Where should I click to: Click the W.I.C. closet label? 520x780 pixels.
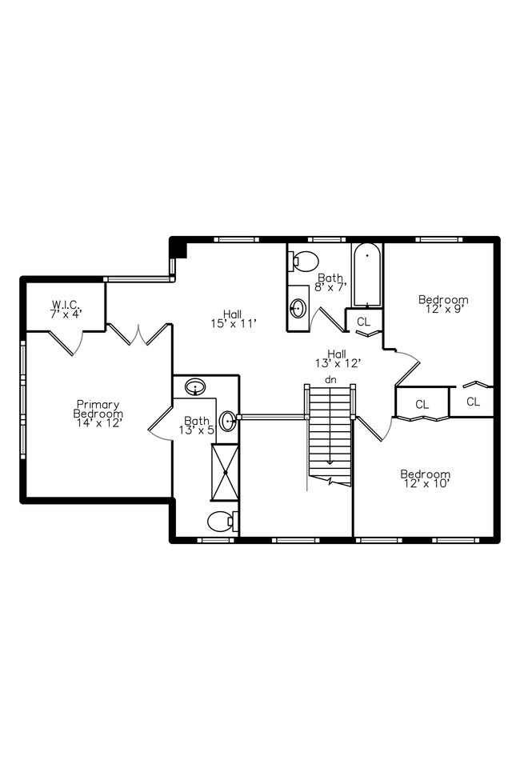[66, 304]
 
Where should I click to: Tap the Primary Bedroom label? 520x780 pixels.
[98, 409]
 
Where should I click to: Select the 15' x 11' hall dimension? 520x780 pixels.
[234, 324]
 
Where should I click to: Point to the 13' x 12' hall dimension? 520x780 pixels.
[338, 364]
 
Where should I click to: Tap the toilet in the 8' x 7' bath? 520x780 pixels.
[303, 261]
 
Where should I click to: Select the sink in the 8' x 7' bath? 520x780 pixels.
[298, 309]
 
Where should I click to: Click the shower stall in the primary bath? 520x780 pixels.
[226, 472]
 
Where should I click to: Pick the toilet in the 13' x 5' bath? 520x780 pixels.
[222, 522]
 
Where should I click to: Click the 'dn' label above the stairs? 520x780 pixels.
[330, 380]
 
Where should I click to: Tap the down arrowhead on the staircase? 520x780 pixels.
[330, 462]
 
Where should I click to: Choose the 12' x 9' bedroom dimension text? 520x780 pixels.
[443, 309]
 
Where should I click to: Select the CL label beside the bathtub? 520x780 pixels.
[364, 322]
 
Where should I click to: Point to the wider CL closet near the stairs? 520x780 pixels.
[422, 405]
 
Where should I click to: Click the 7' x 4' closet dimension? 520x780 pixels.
[66, 314]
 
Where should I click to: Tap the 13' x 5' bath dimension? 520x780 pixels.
[197, 430]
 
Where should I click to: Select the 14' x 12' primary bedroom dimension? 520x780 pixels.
[99, 423]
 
